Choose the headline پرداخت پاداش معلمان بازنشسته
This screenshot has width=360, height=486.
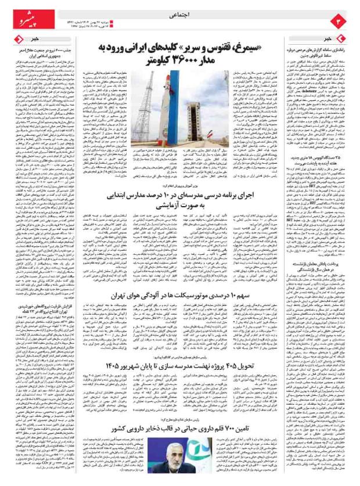pyautogui.click(x=322, y=266)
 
